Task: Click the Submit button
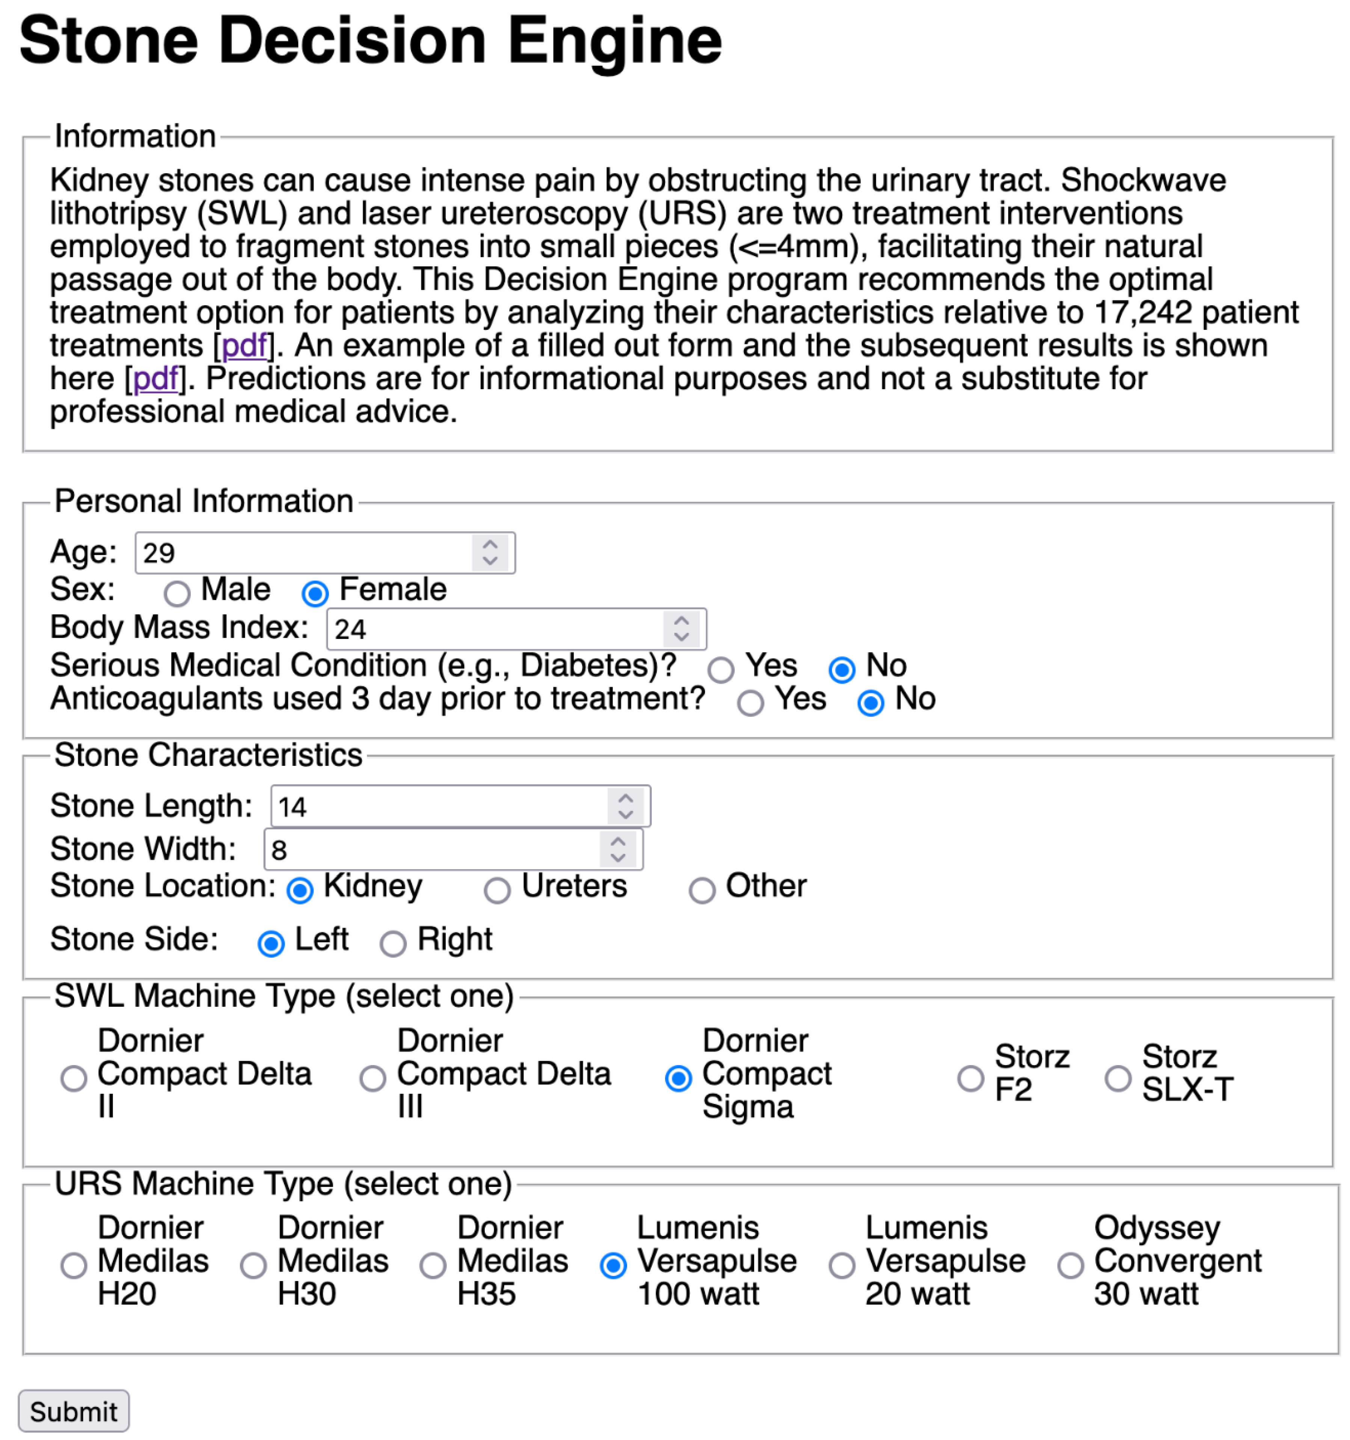(73, 1411)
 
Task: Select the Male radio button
(177, 594)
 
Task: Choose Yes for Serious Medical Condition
(721, 670)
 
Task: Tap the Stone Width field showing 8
(431, 850)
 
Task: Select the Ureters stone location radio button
(497, 890)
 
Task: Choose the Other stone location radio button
(701, 890)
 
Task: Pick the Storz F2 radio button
(970, 1079)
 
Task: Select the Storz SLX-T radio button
(1118, 1079)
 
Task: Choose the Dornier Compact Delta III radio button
(372, 1079)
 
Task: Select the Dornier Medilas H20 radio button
(73, 1265)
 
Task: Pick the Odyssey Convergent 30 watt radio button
(1070, 1265)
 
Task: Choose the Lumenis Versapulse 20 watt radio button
(841, 1265)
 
